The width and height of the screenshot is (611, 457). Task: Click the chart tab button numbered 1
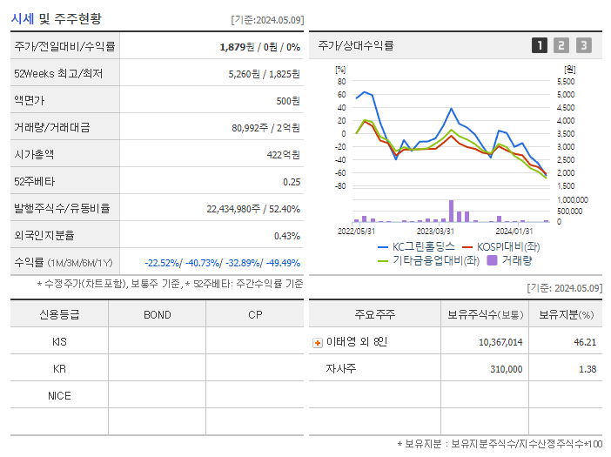[x=540, y=45]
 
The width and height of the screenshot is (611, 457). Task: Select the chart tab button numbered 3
[x=583, y=45]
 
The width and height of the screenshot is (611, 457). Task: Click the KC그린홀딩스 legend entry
[x=417, y=246]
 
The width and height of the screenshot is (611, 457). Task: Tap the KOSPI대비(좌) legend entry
[x=507, y=246]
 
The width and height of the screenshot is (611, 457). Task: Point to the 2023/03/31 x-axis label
[x=435, y=231]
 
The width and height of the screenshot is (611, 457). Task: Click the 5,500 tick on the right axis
[x=566, y=81]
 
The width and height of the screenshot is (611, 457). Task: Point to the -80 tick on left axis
[x=340, y=186]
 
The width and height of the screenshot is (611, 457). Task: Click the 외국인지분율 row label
[x=44, y=236]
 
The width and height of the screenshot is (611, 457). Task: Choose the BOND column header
[x=157, y=314]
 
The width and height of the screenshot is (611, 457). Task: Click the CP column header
[x=254, y=314]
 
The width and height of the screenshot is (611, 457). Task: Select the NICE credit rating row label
[x=59, y=395]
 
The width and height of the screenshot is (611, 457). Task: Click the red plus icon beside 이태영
[x=318, y=342]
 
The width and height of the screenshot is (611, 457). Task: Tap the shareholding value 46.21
[x=584, y=342]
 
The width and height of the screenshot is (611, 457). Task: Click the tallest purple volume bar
[x=451, y=211]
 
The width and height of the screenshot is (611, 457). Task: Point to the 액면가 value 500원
[x=287, y=101]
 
